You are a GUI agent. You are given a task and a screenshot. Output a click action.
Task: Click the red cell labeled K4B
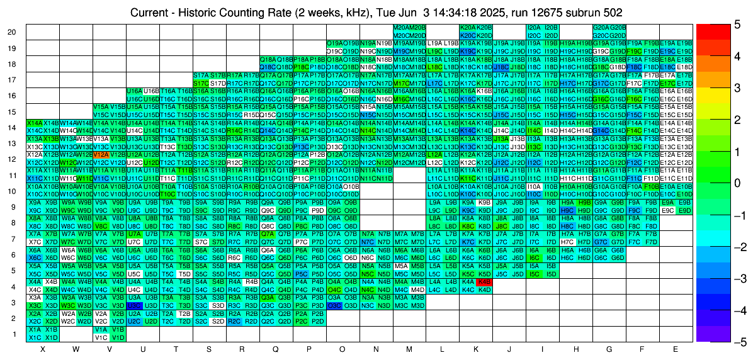pyautogui.click(x=484, y=282)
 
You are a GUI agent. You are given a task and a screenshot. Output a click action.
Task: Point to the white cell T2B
pyautogui.click(x=184, y=313)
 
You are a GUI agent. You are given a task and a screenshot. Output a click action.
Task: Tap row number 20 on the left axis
pyautogui.click(x=12, y=32)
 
